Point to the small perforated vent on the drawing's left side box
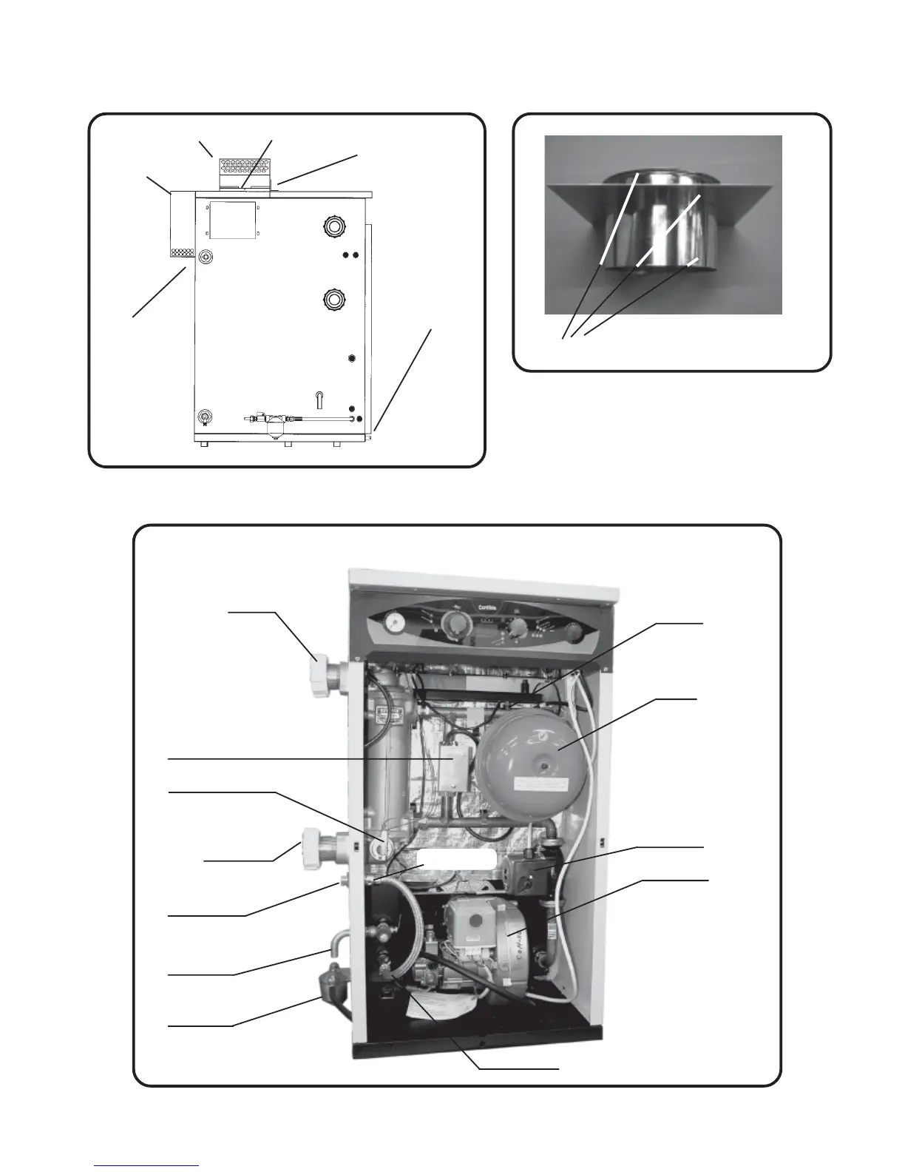click(x=182, y=253)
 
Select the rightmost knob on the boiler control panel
click(x=573, y=633)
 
